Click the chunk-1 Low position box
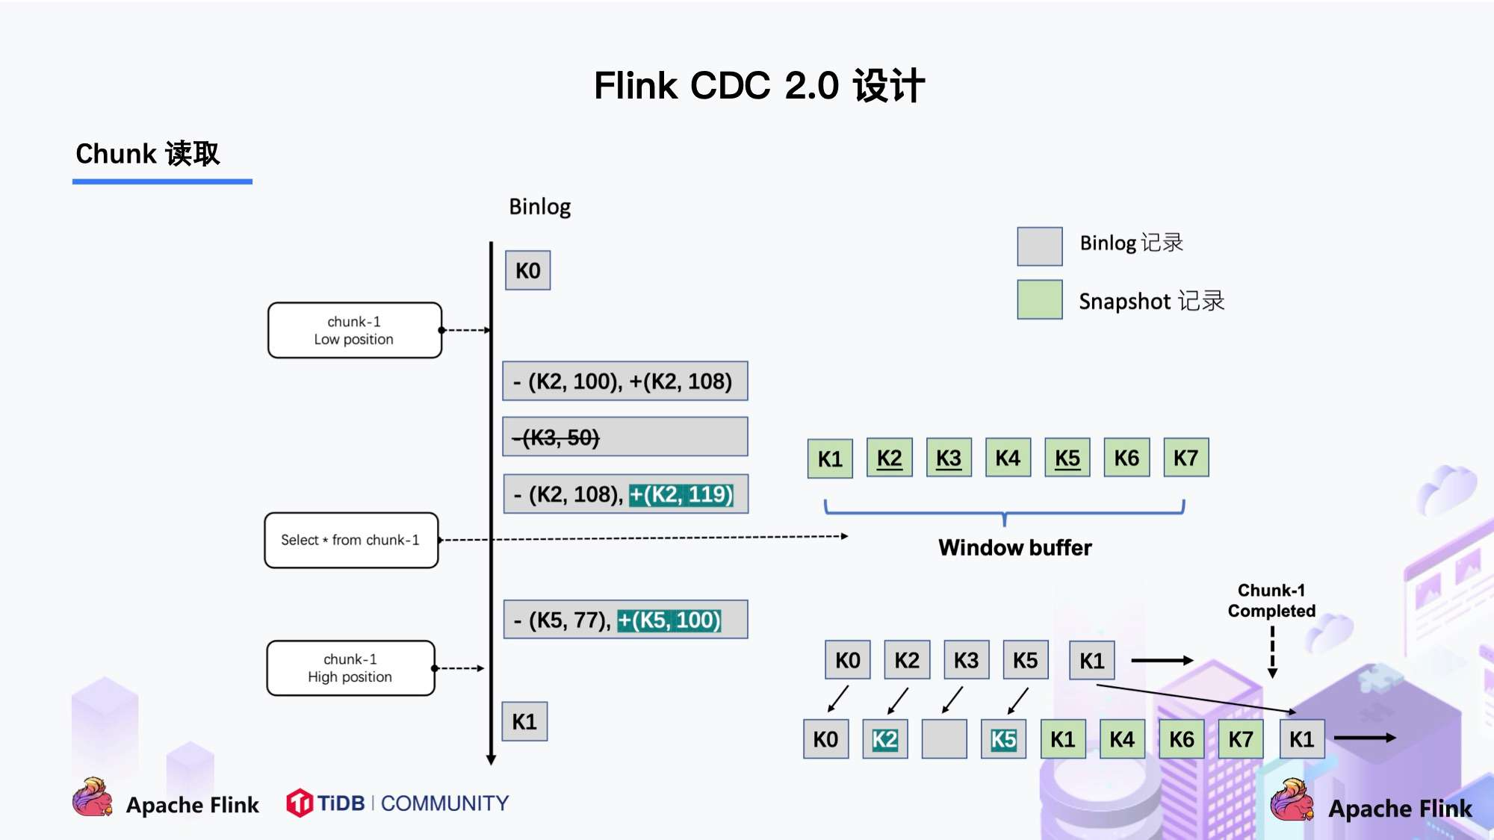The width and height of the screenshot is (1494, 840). (354, 330)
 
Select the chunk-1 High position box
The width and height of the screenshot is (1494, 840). (350, 668)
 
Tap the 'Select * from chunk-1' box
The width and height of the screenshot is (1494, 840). (351, 540)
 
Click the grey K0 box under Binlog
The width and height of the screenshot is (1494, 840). (527, 270)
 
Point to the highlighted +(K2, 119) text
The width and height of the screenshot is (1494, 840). (681, 494)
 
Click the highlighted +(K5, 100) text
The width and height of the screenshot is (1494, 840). (669, 620)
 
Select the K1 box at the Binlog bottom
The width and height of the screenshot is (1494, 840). (524, 721)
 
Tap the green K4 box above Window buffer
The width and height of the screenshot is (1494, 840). (1008, 458)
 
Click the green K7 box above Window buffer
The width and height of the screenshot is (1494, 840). (1185, 458)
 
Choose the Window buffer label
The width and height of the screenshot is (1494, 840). (1014, 547)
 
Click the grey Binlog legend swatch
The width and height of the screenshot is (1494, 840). (1039, 246)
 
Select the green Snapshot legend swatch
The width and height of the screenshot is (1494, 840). (1039, 299)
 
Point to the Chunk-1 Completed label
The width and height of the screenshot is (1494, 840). (1271, 600)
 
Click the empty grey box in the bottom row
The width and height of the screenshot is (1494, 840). (944, 739)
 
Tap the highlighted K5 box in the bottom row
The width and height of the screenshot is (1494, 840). (1003, 739)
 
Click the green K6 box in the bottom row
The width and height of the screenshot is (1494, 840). (1181, 739)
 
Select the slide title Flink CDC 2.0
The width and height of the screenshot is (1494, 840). (759, 85)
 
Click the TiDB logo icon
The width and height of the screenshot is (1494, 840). (300, 803)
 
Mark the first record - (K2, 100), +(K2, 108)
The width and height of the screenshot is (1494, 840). (624, 382)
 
